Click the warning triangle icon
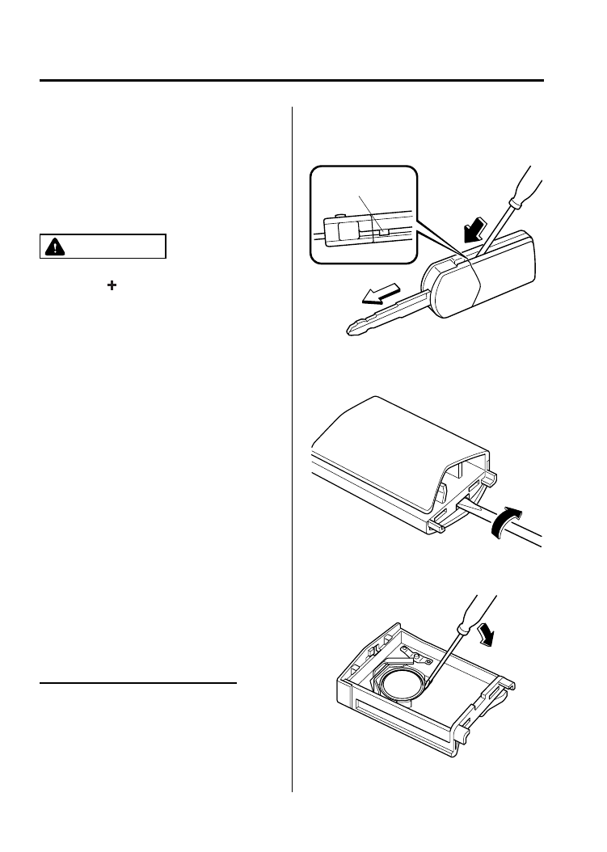click(x=54, y=247)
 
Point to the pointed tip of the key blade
click(x=350, y=329)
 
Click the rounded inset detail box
click(x=365, y=213)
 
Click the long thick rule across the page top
click(x=292, y=80)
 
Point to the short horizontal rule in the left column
click(x=138, y=683)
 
